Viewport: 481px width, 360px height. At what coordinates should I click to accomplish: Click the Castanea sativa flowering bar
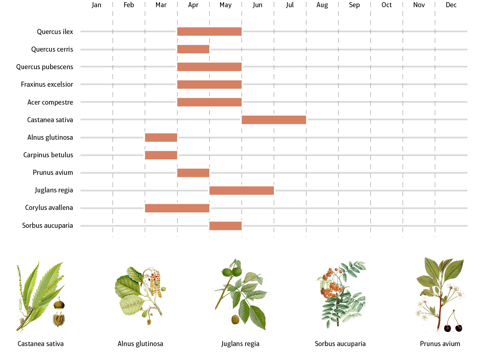pyautogui.click(x=274, y=120)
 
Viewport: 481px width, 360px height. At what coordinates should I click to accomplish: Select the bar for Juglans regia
pyautogui.click(x=242, y=191)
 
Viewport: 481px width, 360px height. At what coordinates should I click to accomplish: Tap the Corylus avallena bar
pyautogui.click(x=177, y=208)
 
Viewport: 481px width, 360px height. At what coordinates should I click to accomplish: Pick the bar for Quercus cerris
pyautogui.click(x=193, y=49)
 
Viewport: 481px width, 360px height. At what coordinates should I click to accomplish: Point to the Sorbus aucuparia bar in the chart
pyautogui.click(x=225, y=226)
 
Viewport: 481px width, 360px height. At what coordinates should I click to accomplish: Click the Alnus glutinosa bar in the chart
pyautogui.click(x=161, y=138)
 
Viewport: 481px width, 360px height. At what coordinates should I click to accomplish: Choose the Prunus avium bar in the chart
pyautogui.click(x=193, y=173)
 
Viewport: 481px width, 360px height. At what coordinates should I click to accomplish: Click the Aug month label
pyautogui.click(x=322, y=5)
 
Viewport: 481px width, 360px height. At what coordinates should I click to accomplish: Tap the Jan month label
pyautogui.click(x=97, y=5)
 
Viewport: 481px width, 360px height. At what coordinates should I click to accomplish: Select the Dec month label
pyautogui.click(x=451, y=5)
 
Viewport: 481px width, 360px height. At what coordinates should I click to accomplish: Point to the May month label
pyautogui.click(x=225, y=5)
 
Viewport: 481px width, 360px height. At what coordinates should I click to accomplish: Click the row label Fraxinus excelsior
pyautogui.click(x=47, y=85)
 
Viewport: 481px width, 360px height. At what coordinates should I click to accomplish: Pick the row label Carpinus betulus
pyautogui.click(x=48, y=155)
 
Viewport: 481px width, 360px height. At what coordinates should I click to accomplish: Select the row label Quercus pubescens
pyautogui.click(x=45, y=67)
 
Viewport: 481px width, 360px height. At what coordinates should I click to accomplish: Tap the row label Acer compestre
pyautogui.click(x=50, y=102)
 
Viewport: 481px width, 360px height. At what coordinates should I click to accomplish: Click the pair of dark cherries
pyautogui.click(x=453, y=327)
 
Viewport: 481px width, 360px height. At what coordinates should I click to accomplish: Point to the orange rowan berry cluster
pyautogui.click(x=331, y=285)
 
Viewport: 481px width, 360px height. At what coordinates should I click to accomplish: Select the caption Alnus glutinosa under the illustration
pyautogui.click(x=140, y=344)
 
